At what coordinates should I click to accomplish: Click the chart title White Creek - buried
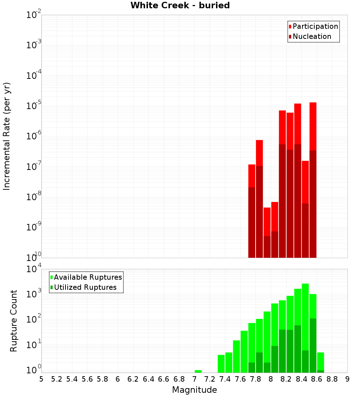point(180,5)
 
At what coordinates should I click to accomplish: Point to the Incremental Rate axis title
point(7,136)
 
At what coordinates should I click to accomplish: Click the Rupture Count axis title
point(14,320)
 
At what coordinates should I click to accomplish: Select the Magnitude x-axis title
point(194,390)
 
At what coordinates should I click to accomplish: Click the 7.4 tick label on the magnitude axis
point(225,379)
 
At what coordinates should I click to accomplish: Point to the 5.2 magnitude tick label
point(57,379)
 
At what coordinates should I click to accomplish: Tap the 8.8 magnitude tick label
point(332,379)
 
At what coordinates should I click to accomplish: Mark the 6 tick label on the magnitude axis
point(118,379)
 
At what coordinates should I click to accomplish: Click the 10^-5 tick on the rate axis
point(33,106)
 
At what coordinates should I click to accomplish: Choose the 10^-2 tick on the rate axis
point(33,15)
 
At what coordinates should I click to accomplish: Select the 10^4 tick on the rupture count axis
point(33,269)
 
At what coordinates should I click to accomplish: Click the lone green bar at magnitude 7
point(198,371)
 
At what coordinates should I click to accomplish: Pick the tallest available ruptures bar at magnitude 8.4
point(305,317)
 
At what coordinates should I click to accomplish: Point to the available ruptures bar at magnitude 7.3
point(221,364)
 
